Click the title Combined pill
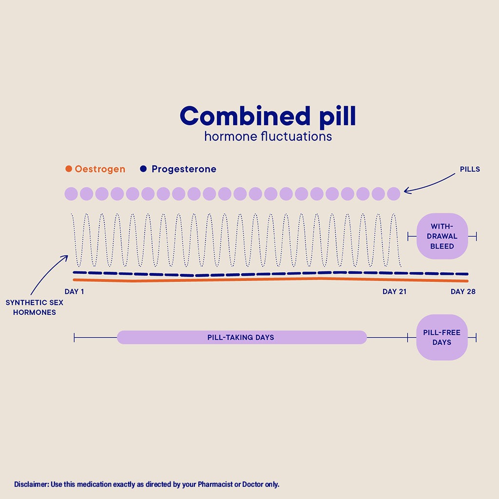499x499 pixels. tap(268, 116)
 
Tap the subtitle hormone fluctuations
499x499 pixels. tap(268, 136)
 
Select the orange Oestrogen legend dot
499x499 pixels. tap(69, 169)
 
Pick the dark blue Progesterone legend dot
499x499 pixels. tap(143, 169)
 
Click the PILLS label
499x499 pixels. tap(470, 170)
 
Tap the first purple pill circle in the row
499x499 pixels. tap(71, 194)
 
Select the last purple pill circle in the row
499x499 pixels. tap(393, 194)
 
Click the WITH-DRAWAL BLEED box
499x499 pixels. tap(442, 236)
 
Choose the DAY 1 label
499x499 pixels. tap(75, 292)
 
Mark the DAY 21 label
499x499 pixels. tap(394, 292)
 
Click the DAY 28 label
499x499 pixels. tap(463, 292)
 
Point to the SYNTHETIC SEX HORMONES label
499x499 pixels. tap(35, 307)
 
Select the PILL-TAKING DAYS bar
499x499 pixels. tap(241, 337)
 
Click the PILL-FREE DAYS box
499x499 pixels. tap(442, 337)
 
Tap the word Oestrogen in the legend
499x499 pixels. tap(100, 169)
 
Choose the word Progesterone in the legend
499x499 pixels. tap(184, 169)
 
